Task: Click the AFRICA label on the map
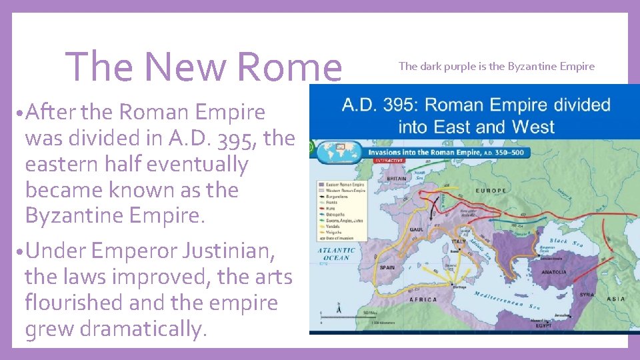(423, 300)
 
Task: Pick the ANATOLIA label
(553, 272)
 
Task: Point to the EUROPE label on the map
(490, 191)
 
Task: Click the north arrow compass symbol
(341, 309)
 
